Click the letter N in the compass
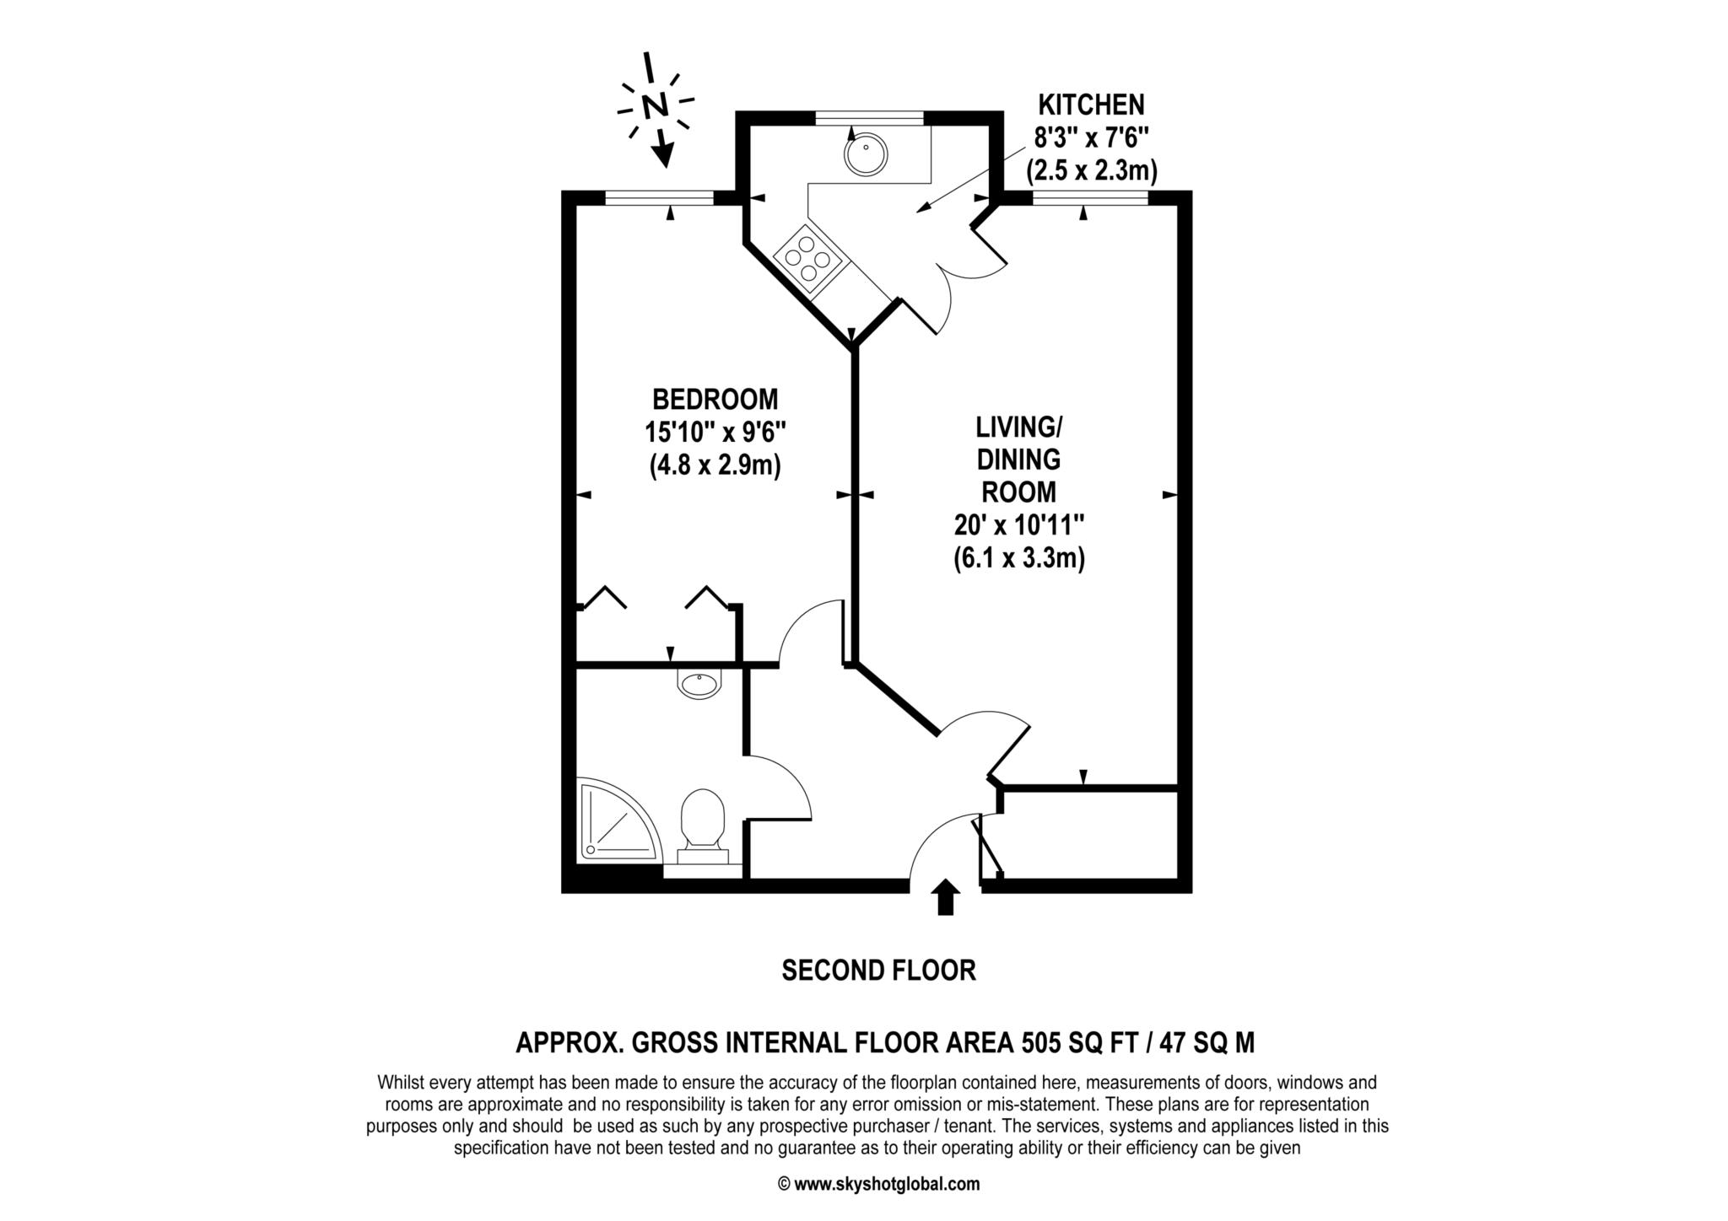[655, 106]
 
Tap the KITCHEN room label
[1090, 105]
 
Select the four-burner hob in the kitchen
[808, 257]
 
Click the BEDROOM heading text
[715, 398]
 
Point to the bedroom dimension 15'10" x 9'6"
[715, 432]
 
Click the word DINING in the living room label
[1018, 460]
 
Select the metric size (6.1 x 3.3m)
[1018, 558]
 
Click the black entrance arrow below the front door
[945, 898]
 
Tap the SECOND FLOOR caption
[878, 971]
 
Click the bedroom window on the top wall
[660, 198]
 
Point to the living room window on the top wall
[1090, 198]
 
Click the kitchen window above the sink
[869, 118]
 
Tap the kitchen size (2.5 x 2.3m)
[1090, 171]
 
